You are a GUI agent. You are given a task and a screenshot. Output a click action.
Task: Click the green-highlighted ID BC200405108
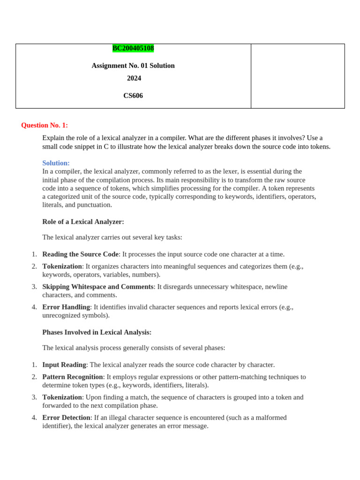point(133,48)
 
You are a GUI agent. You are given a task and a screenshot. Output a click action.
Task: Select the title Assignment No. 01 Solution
point(133,66)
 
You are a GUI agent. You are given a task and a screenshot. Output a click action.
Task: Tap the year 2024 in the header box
point(134,78)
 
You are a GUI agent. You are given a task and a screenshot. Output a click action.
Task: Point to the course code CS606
point(133,96)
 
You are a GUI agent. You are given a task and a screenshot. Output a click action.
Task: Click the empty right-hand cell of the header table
point(298,76)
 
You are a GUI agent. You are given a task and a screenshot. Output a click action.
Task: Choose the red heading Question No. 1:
point(45,125)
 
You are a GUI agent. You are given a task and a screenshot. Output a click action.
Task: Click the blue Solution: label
point(56,163)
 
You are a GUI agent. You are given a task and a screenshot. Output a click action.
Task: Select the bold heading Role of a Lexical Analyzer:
point(83,222)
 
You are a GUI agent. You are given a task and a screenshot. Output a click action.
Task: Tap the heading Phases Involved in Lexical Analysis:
point(97,332)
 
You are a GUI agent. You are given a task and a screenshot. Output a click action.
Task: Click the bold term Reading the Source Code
point(80,254)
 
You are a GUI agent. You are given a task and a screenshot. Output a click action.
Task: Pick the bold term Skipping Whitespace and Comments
point(97,286)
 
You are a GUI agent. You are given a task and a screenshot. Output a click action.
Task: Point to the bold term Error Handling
point(66,307)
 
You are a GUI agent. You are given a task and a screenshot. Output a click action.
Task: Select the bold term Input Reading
point(64,365)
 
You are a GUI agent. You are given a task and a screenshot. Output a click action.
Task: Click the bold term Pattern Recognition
point(73,377)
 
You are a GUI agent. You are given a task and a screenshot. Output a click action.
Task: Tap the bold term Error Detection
point(66,418)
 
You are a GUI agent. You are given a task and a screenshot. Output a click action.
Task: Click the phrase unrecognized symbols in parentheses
point(75,315)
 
